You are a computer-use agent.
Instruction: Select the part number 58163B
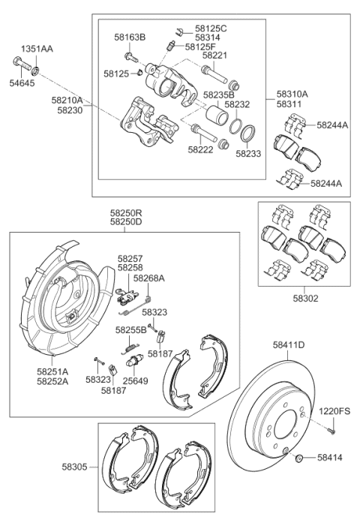click(130, 37)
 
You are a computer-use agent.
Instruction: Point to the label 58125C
click(210, 28)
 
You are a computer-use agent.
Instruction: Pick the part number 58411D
click(288, 345)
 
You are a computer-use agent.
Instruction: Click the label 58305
click(76, 467)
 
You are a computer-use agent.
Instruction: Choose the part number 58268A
click(148, 278)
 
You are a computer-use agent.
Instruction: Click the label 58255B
click(130, 329)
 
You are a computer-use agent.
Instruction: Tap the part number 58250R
click(124, 214)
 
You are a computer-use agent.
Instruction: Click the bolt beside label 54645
click(22, 62)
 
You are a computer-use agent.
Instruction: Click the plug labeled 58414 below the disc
click(299, 458)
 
